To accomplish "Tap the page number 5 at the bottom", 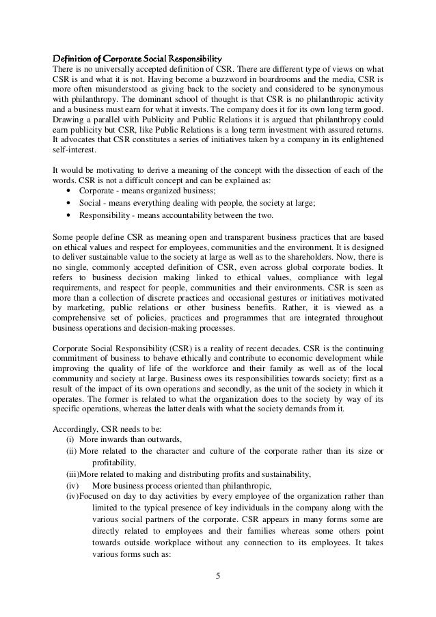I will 218,581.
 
